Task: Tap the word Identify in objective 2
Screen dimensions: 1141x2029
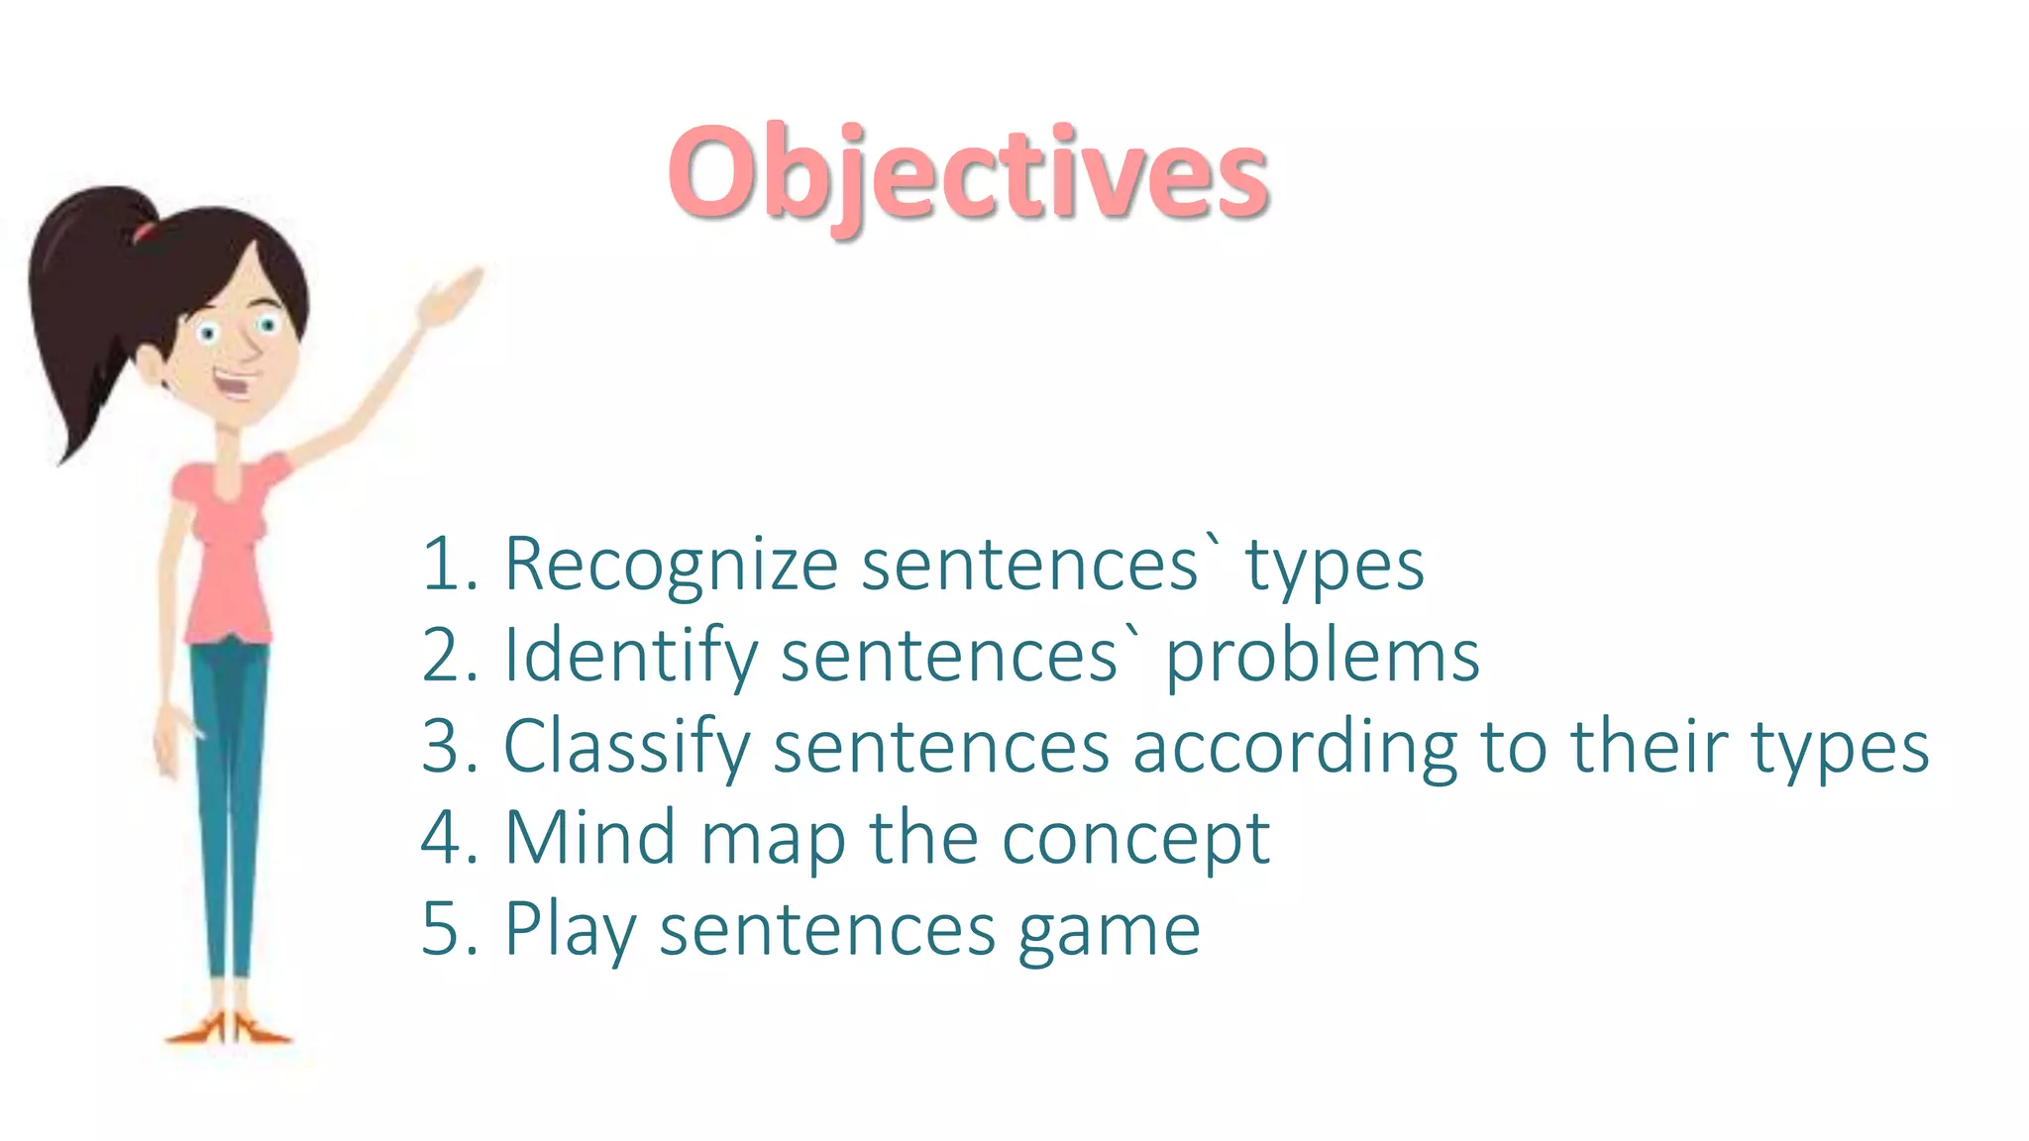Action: [630, 656]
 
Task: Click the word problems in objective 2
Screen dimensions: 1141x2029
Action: [1322, 658]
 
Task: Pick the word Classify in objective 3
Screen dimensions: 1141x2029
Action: [626, 748]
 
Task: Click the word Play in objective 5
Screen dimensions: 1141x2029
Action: [570, 931]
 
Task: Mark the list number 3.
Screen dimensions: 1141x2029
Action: [444, 747]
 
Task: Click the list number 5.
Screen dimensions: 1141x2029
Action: [444, 929]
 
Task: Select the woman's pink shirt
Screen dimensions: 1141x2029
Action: [227, 550]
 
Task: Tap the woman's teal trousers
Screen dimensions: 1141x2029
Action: [230, 792]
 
